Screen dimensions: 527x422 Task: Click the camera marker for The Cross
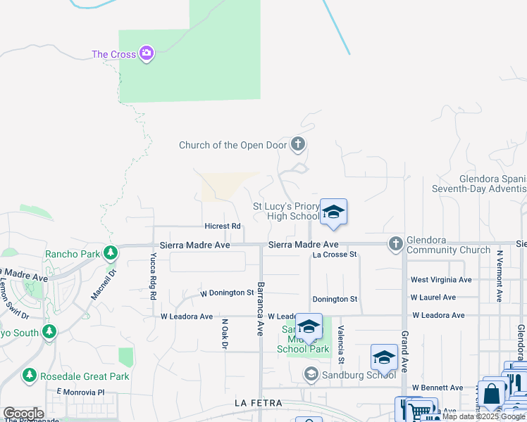pos(147,53)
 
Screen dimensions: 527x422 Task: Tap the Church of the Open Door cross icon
pos(298,145)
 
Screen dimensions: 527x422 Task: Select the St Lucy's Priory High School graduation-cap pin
pos(333,212)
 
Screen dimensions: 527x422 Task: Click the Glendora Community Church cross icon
pos(395,244)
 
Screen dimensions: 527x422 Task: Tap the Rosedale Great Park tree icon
pos(30,376)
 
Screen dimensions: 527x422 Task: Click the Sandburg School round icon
pos(311,375)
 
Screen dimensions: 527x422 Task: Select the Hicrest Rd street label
pos(223,226)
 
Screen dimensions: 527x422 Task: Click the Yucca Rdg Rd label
pos(152,276)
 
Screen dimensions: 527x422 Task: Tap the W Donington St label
pos(227,293)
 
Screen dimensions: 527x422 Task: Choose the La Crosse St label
pos(335,254)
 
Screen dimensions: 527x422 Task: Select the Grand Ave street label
pos(405,352)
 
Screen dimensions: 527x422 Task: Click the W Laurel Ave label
pos(433,298)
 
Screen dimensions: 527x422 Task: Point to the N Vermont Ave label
pos(498,276)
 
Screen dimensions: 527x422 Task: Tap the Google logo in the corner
pos(23,414)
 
